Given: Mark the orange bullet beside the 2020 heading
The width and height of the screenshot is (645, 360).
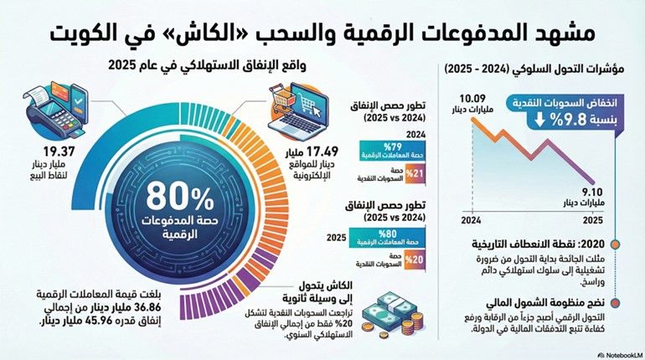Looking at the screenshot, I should (x=617, y=244).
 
